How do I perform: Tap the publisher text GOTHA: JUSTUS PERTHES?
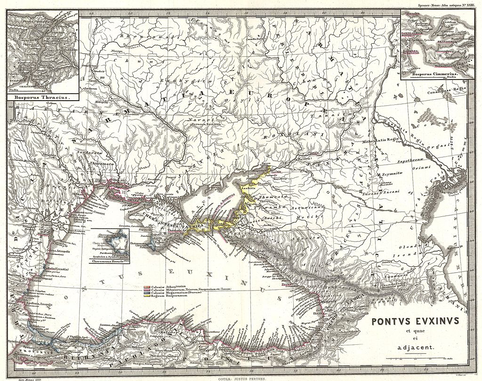240,377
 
